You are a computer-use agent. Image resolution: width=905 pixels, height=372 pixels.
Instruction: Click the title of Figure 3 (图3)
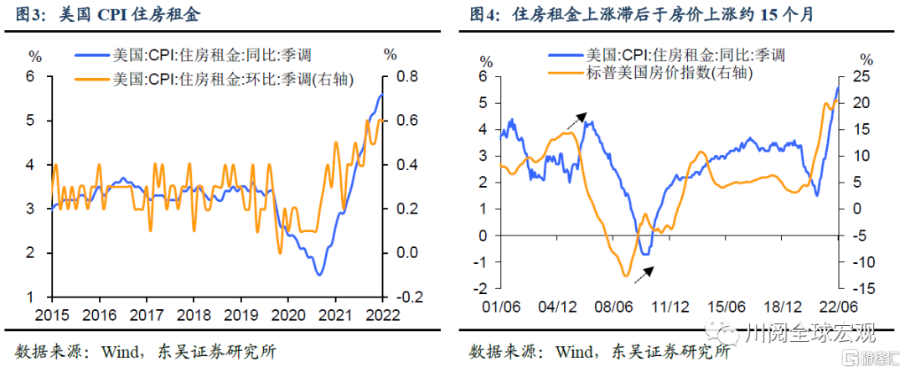(108, 15)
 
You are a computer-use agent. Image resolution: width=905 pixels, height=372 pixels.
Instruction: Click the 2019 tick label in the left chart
(240, 314)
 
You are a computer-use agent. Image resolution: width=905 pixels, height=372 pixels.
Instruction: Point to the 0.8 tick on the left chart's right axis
(406, 77)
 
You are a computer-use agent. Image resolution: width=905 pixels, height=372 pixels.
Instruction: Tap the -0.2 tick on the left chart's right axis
(404, 297)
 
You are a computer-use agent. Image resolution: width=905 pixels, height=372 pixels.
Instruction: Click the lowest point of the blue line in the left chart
(319, 274)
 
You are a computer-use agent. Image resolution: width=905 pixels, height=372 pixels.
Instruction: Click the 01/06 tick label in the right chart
(502, 307)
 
